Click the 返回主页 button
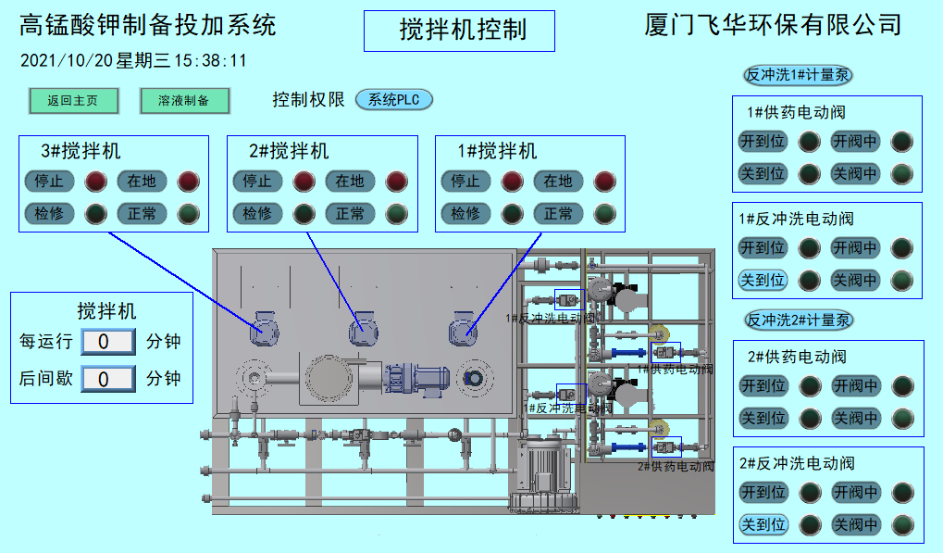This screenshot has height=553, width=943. [x=73, y=101]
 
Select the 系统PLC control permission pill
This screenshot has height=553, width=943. [x=394, y=100]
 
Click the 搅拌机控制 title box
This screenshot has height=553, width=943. [x=460, y=31]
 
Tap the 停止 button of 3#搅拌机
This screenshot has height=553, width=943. [x=49, y=181]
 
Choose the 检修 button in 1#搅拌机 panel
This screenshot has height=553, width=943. [x=465, y=214]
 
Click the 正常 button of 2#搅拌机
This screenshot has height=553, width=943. [x=350, y=214]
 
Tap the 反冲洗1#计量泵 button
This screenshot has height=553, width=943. [x=799, y=76]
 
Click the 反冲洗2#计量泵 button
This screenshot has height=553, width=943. [x=799, y=320]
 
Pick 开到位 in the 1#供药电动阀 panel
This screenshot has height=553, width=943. [x=763, y=142]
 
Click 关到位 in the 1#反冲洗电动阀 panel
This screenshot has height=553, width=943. [x=763, y=280]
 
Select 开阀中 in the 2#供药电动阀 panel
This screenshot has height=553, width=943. [x=855, y=385]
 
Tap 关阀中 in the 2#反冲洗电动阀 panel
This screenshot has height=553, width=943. [x=855, y=525]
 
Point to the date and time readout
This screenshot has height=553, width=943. [x=133, y=61]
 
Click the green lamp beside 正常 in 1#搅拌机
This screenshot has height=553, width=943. [x=604, y=214]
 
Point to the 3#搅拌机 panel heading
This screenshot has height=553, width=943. [x=81, y=151]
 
